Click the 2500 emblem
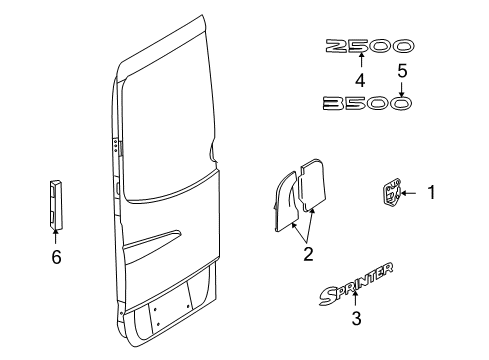coord(367,46)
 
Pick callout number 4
coord(362,76)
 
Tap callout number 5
coord(401,72)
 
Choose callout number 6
coord(56,257)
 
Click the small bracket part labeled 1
coord(392,191)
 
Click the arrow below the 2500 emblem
coord(362,62)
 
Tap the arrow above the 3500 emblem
coord(401,88)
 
